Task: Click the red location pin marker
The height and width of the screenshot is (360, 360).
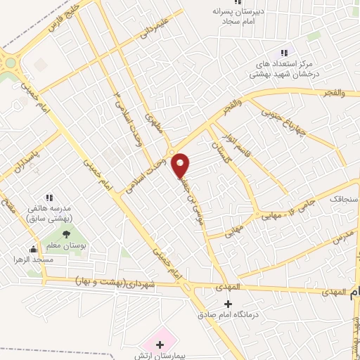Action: pos(181,165)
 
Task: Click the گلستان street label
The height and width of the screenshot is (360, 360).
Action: pos(221,149)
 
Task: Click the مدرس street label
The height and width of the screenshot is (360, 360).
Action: pos(342,236)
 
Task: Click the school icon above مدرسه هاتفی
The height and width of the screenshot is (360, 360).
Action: pos(49,198)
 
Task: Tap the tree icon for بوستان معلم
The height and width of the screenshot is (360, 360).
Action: pos(66,235)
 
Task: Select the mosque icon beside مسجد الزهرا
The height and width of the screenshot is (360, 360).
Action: pos(32,248)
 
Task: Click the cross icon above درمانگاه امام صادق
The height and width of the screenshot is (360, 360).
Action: pos(226,304)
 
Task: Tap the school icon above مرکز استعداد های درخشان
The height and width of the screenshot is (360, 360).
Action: pos(284,53)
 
